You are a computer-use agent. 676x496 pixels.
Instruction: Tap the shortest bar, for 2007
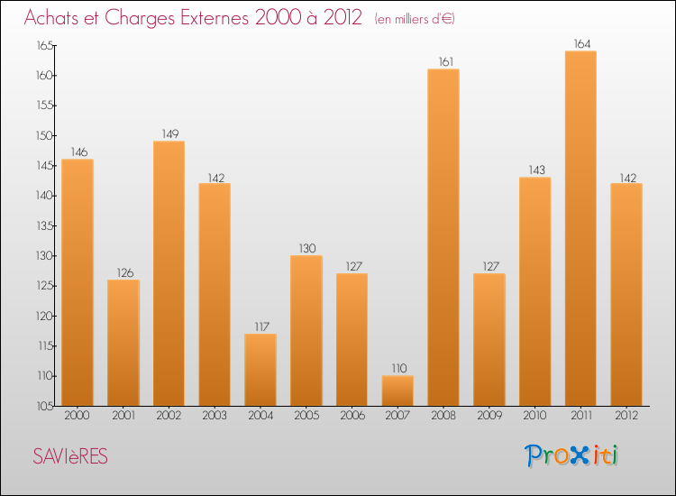coord(397,390)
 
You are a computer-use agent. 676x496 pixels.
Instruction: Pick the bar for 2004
coord(260,370)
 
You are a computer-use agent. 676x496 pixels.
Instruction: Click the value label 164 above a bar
coord(580,43)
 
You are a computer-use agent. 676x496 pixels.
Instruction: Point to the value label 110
coord(397,368)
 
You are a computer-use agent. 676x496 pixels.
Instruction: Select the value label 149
coord(169,133)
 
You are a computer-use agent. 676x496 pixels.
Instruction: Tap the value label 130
coord(306,248)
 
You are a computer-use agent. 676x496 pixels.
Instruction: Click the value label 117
coord(260,326)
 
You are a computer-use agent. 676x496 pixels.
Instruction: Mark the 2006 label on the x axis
coord(352,415)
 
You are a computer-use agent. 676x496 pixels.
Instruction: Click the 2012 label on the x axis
coord(626,415)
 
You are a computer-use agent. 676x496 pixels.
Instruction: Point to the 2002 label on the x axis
coord(169,415)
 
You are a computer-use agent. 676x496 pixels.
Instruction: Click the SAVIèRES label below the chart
coord(70,457)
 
